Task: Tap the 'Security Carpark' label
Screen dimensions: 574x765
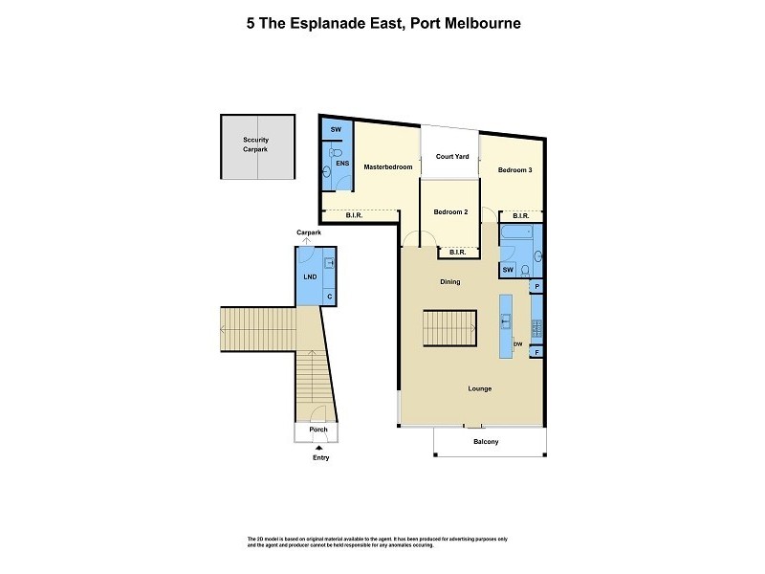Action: (255, 144)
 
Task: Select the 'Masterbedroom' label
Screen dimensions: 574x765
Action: (387, 167)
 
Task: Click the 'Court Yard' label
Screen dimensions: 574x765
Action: (452, 156)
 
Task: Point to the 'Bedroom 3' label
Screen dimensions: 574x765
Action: (514, 170)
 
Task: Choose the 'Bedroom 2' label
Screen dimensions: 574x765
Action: (450, 211)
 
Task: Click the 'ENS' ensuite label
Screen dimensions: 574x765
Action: (341, 164)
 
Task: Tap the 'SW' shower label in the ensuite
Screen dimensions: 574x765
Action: (336, 130)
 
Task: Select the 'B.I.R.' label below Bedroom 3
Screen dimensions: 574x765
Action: (521, 216)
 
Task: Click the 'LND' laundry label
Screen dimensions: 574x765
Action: (311, 277)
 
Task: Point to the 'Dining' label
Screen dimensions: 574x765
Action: (449, 282)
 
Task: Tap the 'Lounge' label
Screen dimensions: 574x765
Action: (479, 389)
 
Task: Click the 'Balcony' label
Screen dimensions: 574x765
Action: (486, 442)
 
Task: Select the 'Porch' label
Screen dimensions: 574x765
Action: (317, 430)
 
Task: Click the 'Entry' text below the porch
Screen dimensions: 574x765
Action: (319, 458)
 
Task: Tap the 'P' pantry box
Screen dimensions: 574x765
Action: (536, 286)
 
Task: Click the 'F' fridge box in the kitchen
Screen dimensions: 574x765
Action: (536, 353)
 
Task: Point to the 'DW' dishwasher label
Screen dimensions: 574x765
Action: (517, 344)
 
